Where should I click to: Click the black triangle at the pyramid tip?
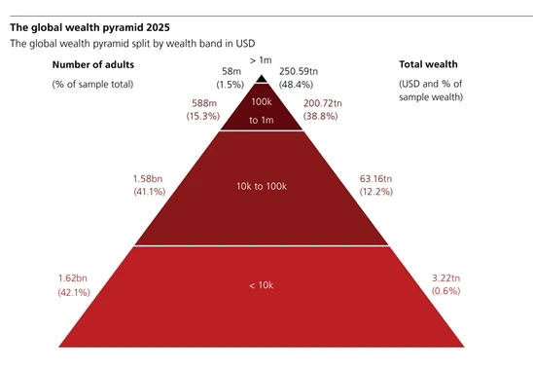click(x=262, y=79)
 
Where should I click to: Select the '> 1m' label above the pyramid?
click(x=261, y=60)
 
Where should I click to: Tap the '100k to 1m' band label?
click(x=262, y=111)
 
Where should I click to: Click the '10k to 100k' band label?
click(x=262, y=186)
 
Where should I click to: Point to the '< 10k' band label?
click(x=261, y=285)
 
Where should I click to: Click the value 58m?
click(x=231, y=71)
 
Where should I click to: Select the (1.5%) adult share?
click(x=231, y=85)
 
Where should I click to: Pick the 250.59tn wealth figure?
click(x=299, y=71)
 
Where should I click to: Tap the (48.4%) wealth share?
click(x=296, y=85)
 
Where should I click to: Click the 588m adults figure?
click(x=204, y=103)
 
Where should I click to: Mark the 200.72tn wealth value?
click(x=323, y=103)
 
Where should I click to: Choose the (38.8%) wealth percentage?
click(x=321, y=116)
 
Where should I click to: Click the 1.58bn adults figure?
click(x=148, y=179)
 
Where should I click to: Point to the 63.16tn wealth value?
click(x=375, y=179)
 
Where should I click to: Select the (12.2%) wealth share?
click(x=376, y=192)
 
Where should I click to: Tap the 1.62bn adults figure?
click(x=73, y=278)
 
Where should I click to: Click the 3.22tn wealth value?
click(x=446, y=278)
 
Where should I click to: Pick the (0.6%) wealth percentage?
click(x=446, y=291)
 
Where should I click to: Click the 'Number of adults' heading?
click(x=93, y=64)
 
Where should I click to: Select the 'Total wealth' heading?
click(x=428, y=64)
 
